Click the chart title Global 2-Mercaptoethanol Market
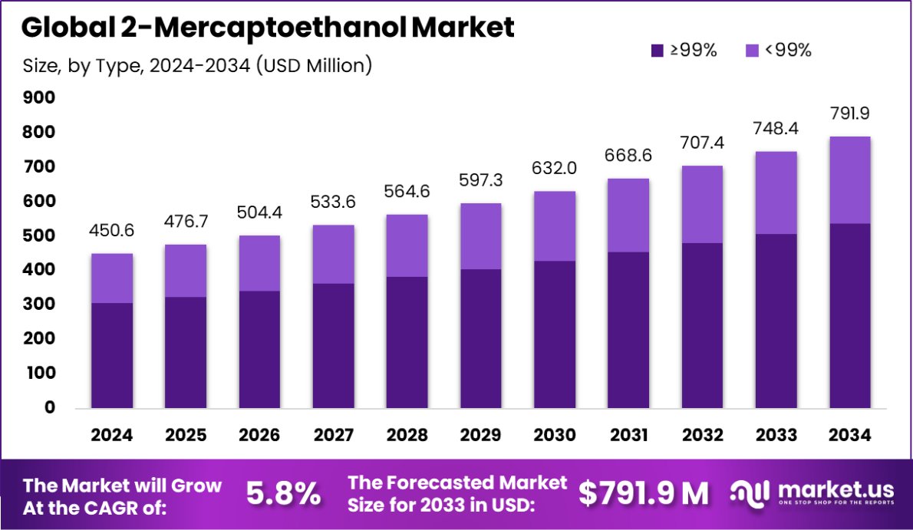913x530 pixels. coord(268,28)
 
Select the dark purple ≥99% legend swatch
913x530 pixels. coord(657,51)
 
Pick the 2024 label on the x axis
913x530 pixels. coord(112,435)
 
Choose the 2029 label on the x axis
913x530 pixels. coord(481,435)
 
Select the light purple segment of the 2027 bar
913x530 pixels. coord(333,254)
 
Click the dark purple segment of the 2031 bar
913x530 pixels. coord(628,330)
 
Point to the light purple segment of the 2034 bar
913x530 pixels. coord(849,179)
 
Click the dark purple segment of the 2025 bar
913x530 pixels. coord(186,352)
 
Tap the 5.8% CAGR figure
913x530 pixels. coord(283,494)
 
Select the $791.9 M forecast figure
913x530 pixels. coord(643,494)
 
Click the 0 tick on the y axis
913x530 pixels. coord(49,407)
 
